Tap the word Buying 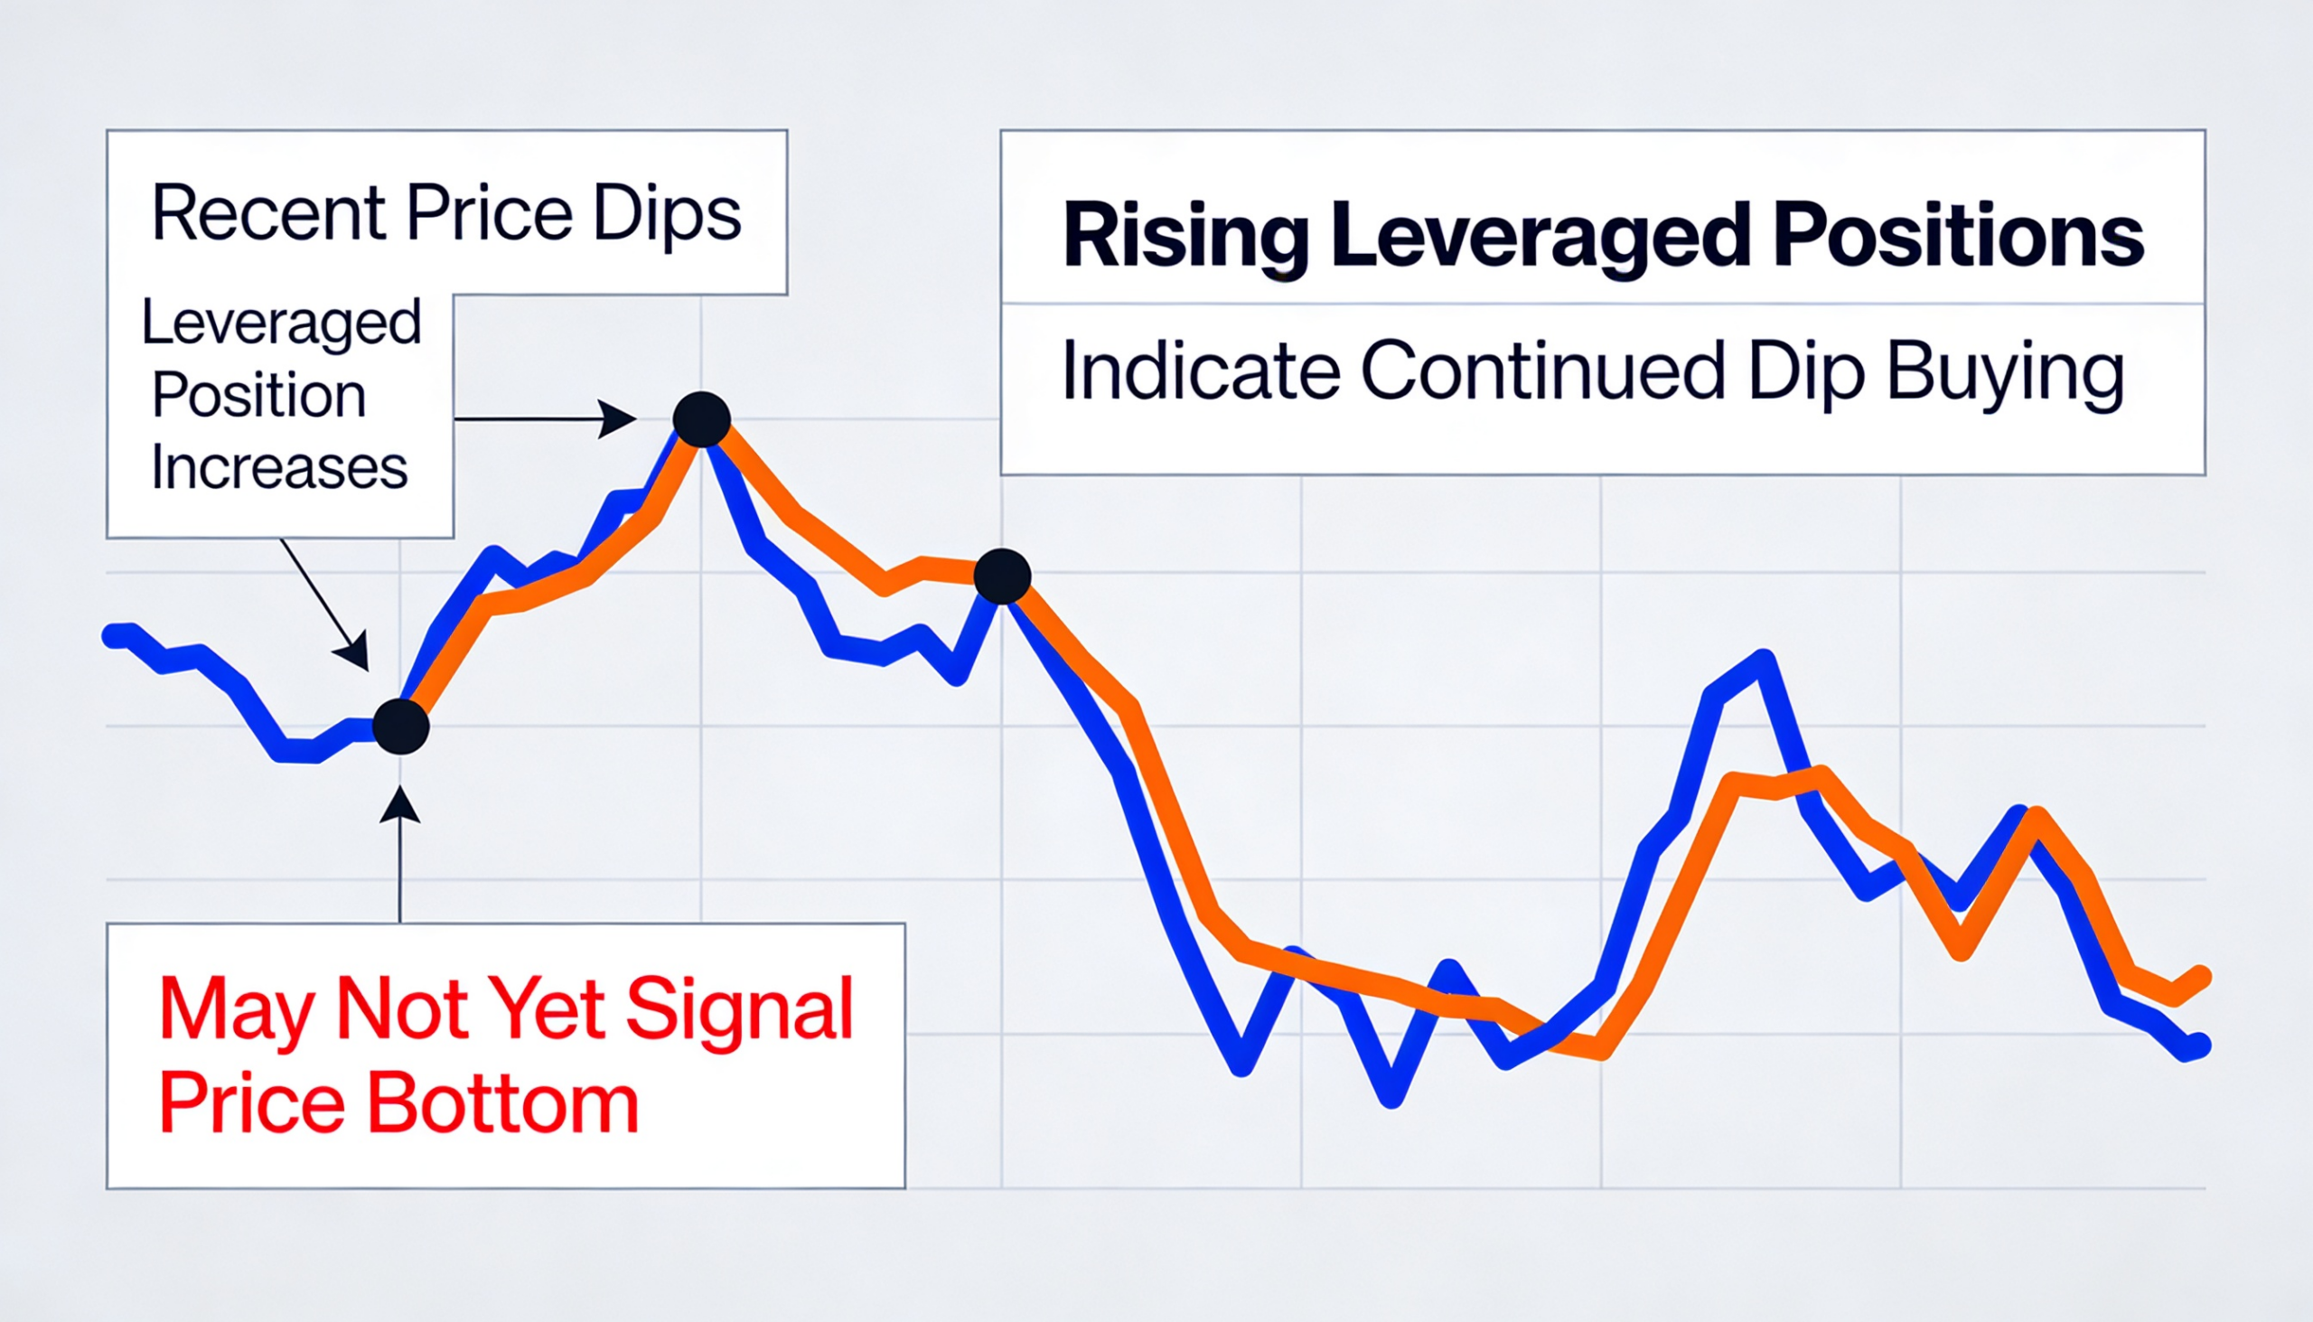click(2005, 372)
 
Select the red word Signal click(739, 1009)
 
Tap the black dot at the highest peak click(702, 419)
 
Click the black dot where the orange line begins click(400, 727)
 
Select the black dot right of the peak click(1002, 577)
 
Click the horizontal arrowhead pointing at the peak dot click(619, 419)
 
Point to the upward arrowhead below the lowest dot click(399, 805)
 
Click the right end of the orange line click(2200, 975)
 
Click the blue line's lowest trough click(1391, 1097)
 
